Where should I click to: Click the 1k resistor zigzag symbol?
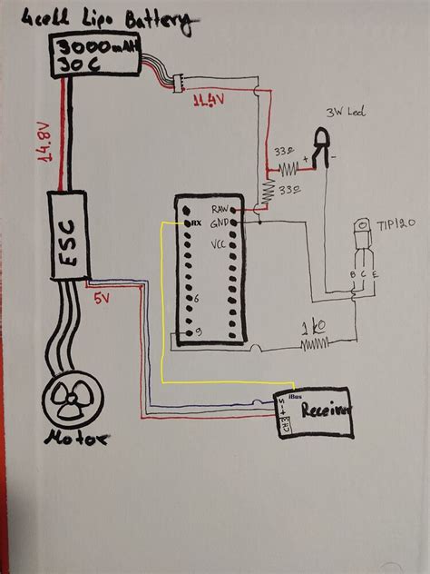[318, 343]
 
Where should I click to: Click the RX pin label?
[192, 222]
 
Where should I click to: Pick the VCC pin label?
[218, 243]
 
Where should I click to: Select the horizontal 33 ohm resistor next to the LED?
[288, 169]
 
